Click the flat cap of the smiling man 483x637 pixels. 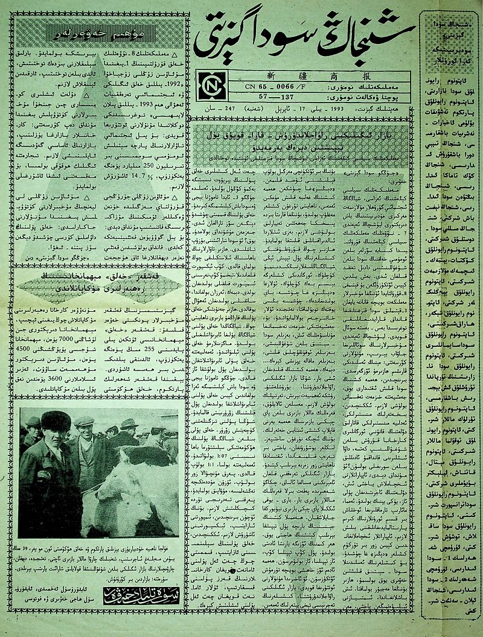click(x=84, y=420)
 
